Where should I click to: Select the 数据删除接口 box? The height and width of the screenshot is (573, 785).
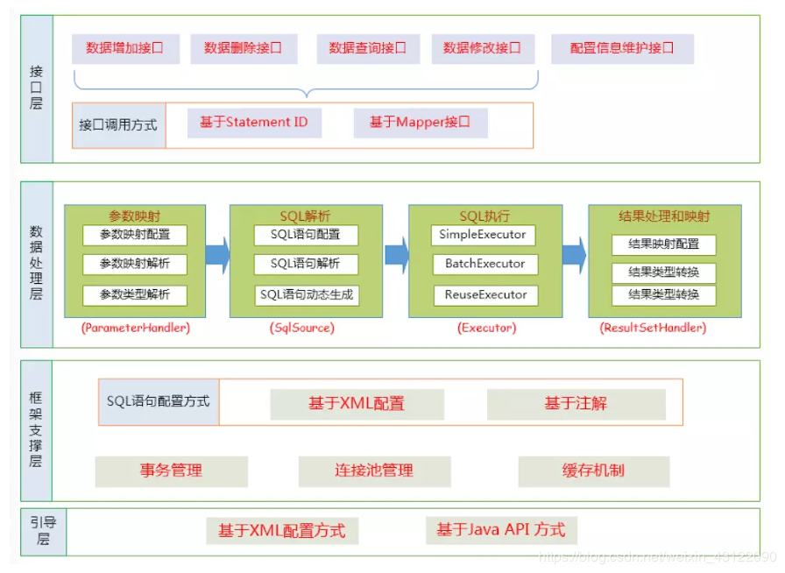pyautogui.click(x=244, y=49)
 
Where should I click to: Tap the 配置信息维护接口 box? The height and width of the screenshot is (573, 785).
pyautogui.click(x=622, y=49)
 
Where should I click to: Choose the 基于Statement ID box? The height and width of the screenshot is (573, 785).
pyautogui.click(x=254, y=123)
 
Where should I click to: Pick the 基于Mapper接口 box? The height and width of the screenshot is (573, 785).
pyautogui.click(x=421, y=123)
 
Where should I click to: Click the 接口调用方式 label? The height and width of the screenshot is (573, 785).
pyautogui.click(x=118, y=125)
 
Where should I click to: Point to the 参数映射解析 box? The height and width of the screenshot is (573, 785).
pyautogui.click(x=135, y=264)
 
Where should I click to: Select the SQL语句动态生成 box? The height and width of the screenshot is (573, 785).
pyautogui.click(x=307, y=295)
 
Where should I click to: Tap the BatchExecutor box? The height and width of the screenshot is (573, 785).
pyautogui.click(x=484, y=264)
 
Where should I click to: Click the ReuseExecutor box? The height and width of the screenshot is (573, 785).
pyautogui.click(x=484, y=295)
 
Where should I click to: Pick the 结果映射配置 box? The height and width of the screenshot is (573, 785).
pyautogui.click(x=663, y=244)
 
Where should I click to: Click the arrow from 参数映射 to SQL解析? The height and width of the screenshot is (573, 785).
pyautogui.click(x=217, y=254)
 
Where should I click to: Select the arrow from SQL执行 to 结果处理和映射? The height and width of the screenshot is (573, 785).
pyautogui.click(x=574, y=254)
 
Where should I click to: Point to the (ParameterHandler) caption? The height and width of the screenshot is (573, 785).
pyautogui.click(x=135, y=328)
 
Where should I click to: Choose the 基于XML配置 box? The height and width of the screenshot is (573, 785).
pyautogui.click(x=357, y=404)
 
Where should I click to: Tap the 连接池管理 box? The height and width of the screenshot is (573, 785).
pyautogui.click(x=374, y=471)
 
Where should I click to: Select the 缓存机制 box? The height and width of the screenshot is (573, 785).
pyautogui.click(x=593, y=471)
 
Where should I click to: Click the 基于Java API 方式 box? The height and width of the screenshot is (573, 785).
pyautogui.click(x=501, y=530)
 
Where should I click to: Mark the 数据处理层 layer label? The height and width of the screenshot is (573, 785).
pyautogui.click(x=37, y=263)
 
